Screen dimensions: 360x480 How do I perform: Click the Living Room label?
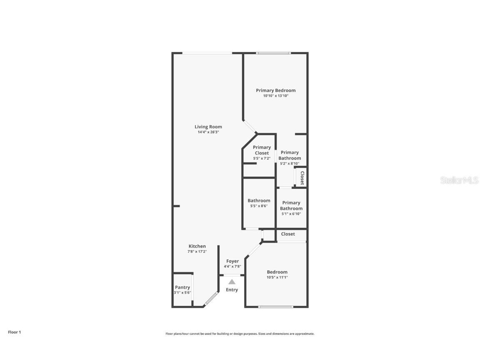[208, 127]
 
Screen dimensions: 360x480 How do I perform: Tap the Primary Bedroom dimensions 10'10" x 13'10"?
[276, 96]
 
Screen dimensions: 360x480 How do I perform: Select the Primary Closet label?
[262, 150]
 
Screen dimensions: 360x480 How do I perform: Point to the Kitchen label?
[197, 246]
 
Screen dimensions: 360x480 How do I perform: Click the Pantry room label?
[182, 287]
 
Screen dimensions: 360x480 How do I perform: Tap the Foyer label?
[232, 261]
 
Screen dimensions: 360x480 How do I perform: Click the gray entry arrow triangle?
[232, 282]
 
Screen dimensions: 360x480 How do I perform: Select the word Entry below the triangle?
[232, 290]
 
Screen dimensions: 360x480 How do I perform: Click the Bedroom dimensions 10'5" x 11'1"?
[277, 277]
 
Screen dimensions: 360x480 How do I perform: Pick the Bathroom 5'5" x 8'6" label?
[259, 201]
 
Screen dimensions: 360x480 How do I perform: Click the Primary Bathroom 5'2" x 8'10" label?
[290, 155]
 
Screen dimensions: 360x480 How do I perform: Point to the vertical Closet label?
[302, 178]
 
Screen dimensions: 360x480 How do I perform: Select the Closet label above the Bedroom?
[288, 234]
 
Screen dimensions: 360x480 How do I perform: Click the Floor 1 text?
[14, 332]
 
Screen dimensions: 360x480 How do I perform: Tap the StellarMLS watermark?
[459, 180]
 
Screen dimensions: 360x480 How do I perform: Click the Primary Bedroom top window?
[273, 53]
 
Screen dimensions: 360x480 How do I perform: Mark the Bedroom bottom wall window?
[275, 307]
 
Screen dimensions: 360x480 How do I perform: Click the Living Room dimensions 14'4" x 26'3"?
[208, 132]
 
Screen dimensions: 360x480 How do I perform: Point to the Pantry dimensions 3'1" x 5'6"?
[182, 293]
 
